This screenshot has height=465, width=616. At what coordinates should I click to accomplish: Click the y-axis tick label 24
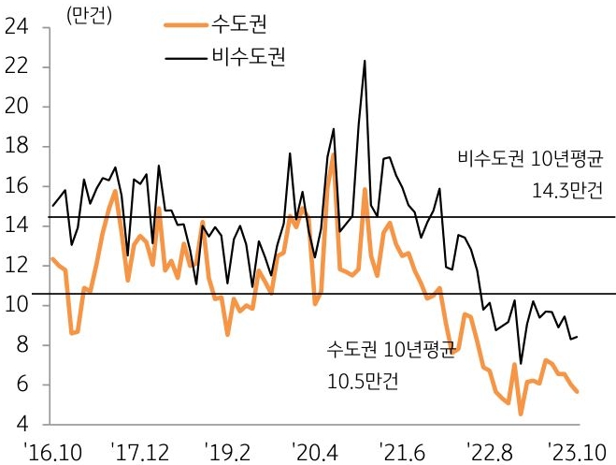(x=15, y=29)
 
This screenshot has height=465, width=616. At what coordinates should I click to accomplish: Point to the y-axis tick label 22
(x=15, y=68)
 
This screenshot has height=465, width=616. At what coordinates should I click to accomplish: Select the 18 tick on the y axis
(x=15, y=148)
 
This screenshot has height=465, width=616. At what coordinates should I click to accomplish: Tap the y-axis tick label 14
(x=15, y=226)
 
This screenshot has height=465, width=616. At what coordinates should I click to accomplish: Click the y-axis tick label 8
(x=21, y=345)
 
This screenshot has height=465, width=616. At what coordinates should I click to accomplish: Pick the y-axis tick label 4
(x=21, y=425)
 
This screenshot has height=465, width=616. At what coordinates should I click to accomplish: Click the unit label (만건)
(x=87, y=14)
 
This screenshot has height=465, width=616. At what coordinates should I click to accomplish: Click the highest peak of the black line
(x=364, y=61)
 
